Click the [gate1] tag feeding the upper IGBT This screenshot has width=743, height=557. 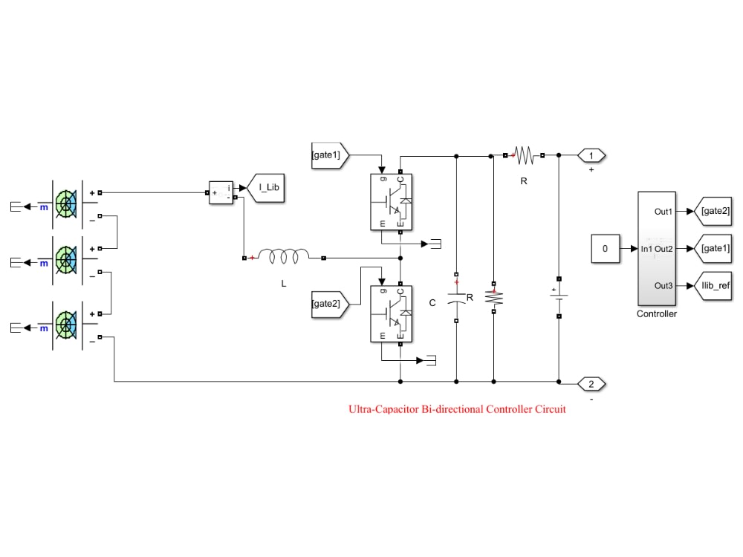(x=330, y=155)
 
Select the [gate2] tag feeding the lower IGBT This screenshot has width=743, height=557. (x=330, y=304)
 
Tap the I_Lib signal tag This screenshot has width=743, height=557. (x=266, y=188)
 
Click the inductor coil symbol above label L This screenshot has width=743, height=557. (x=284, y=256)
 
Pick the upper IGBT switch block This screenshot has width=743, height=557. (x=391, y=202)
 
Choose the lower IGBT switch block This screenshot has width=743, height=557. (x=391, y=313)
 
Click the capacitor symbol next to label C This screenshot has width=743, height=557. (x=456, y=298)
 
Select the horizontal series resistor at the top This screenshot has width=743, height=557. (x=524, y=155)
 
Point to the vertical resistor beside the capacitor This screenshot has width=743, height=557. (x=494, y=298)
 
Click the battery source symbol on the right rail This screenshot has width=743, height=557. (x=559, y=298)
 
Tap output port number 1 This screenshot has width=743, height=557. (x=591, y=155)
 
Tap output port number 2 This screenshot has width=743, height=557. (x=591, y=384)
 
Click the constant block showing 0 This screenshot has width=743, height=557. (x=605, y=249)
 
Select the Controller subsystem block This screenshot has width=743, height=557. (x=657, y=249)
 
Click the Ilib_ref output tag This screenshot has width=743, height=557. (x=713, y=286)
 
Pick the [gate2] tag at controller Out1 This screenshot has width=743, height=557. (x=713, y=211)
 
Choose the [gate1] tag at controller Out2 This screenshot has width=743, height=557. (x=713, y=249)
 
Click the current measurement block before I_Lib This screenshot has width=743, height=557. (x=221, y=193)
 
